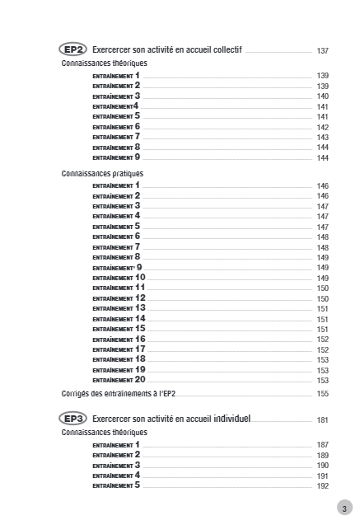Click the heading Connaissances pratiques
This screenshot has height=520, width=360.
coord(103,174)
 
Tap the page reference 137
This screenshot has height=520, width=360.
coord(323,51)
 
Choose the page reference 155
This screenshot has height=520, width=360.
coord(323,394)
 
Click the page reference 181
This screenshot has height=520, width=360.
coord(323,419)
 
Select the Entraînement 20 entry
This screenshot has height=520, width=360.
coord(119,380)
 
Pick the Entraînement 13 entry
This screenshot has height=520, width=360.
coord(119,307)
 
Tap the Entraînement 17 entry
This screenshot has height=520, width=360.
coord(119,349)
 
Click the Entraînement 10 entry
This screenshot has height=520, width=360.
coord(119,278)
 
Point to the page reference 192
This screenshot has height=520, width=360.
coord(323,486)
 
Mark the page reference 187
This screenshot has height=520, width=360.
coord(323,445)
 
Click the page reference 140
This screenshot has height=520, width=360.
coord(323,96)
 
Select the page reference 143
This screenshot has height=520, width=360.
coord(323,137)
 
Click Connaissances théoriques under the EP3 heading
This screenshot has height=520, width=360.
coord(104,432)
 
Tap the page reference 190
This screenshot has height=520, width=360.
coord(323,466)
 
